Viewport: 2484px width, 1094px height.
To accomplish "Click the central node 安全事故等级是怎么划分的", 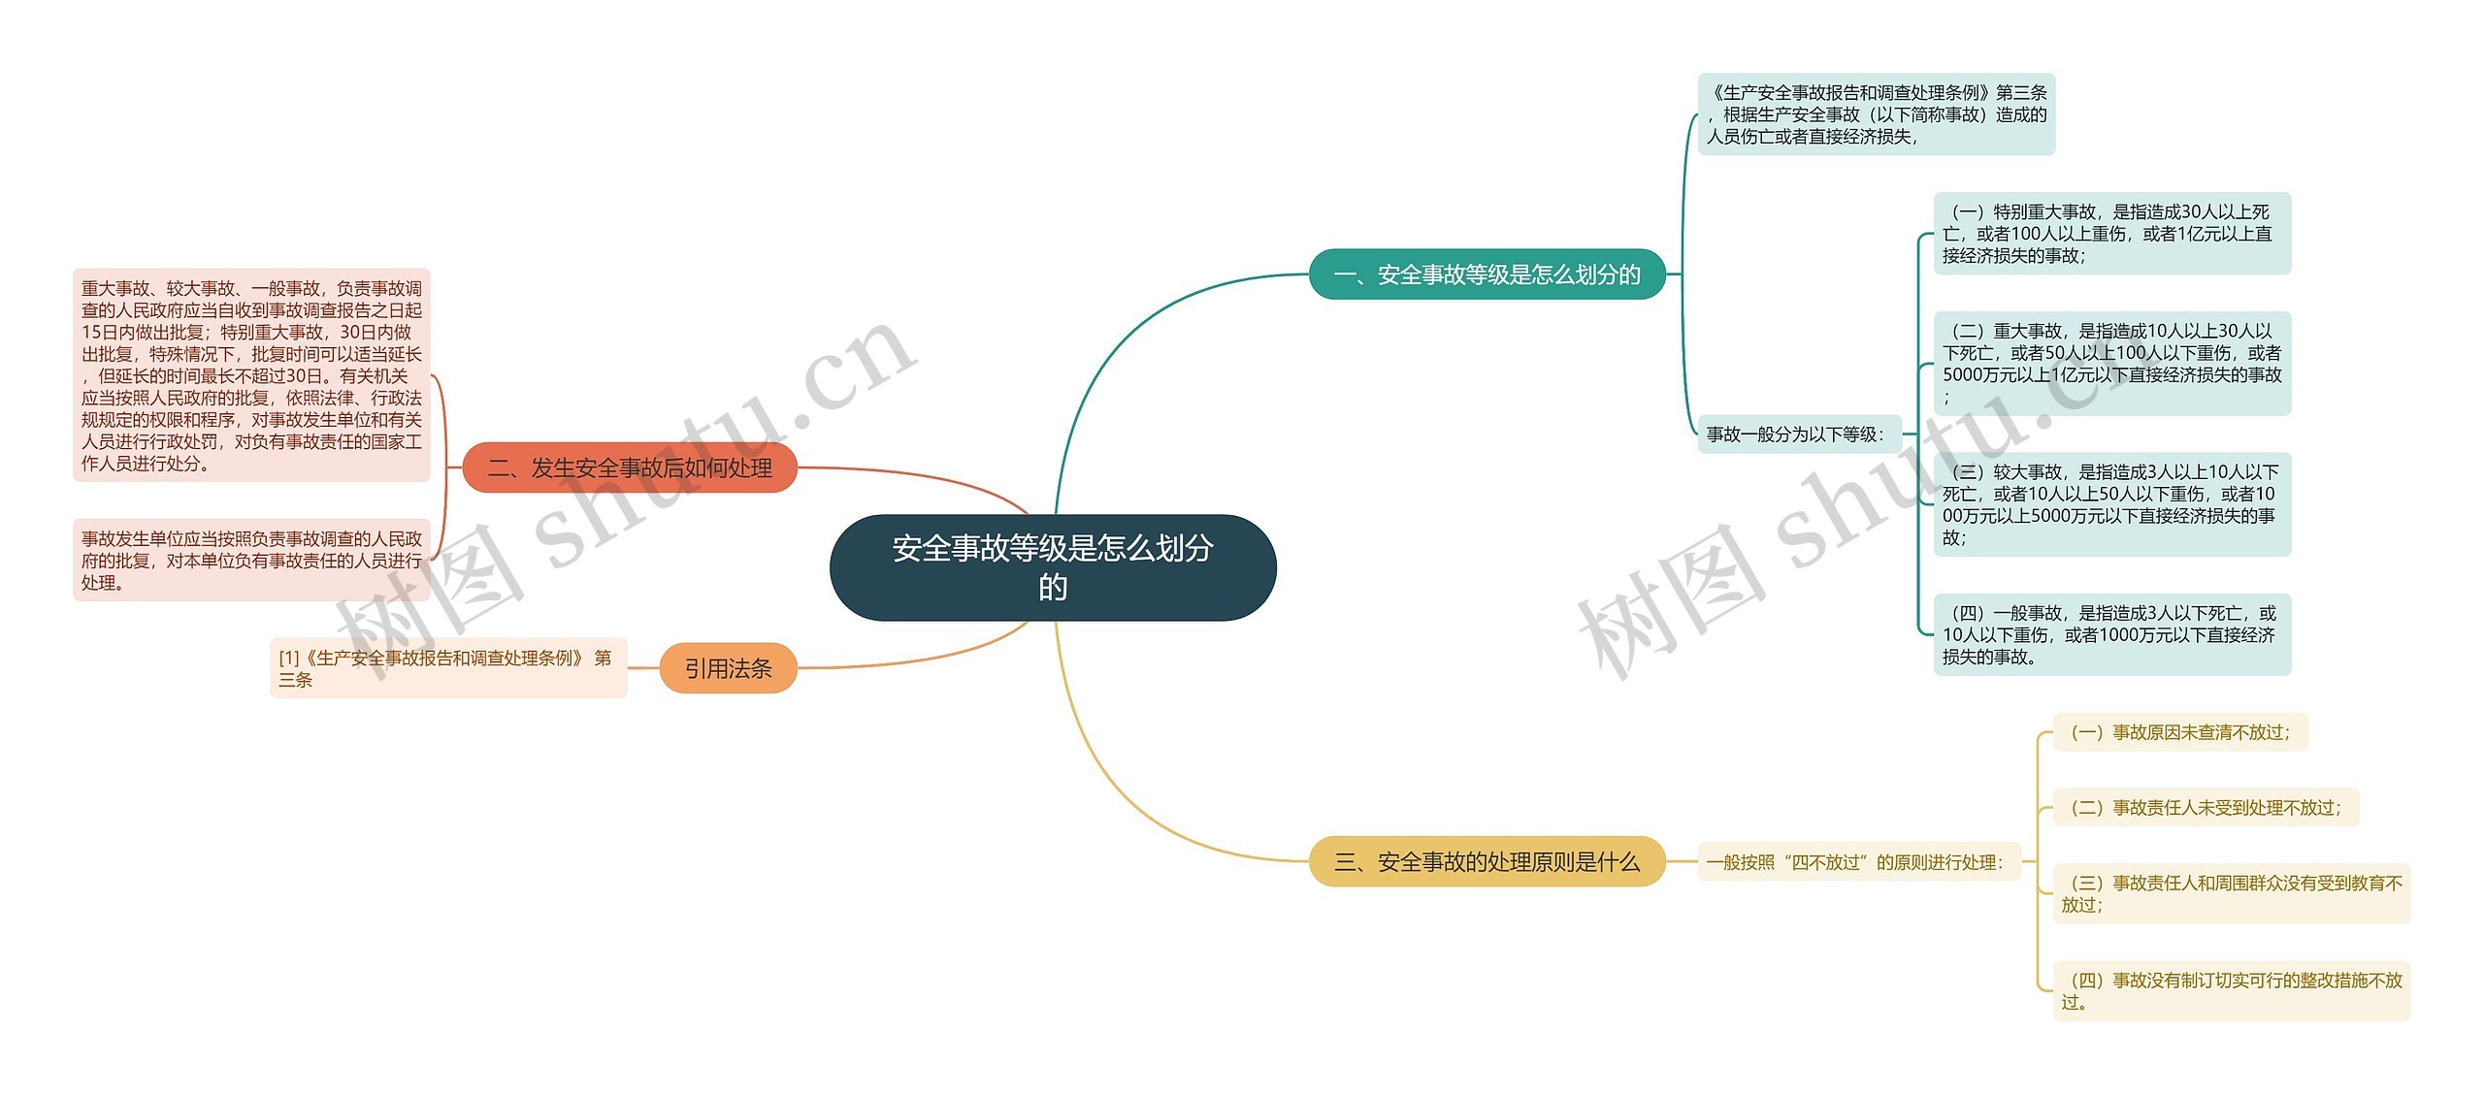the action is pyautogui.click(x=1053, y=567).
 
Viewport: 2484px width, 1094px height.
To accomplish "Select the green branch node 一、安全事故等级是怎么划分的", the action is pyautogui.click(x=1487, y=274).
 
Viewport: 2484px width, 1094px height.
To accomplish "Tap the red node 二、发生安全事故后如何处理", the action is pyautogui.click(x=630, y=468).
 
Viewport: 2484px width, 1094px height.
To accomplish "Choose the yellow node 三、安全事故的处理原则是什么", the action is pyautogui.click(x=1487, y=861).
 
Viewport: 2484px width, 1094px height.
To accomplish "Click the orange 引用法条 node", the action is pyautogui.click(x=728, y=668).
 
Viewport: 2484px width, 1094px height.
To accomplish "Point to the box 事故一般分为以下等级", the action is pyautogui.click(x=1795, y=434).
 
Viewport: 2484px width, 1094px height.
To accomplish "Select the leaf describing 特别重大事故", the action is pyautogui.click(x=2111, y=234).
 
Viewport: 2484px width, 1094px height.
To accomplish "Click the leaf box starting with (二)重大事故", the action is pyautogui.click(x=2111, y=364).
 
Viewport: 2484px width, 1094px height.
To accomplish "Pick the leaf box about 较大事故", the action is pyautogui.click(x=2111, y=504).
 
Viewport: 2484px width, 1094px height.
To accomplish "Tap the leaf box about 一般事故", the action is pyautogui.click(x=2111, y=634).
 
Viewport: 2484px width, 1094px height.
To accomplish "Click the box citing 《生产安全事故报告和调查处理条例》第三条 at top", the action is pyautogui.click(x=1876, y=114).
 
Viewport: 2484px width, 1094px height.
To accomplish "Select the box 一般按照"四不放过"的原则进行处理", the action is pyautogui.click(x=1858, y=862).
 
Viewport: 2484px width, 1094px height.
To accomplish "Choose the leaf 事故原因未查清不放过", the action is pyautogui.click(x=2179, y=732).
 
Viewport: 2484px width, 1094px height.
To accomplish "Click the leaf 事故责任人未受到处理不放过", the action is pyautogui.click(x=2205, y=808).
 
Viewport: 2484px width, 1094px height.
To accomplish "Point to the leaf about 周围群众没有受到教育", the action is pyautogui.click(x=2231, y=893).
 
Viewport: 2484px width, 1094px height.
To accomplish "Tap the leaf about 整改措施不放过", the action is pyautogui.click(x=2231, y=991).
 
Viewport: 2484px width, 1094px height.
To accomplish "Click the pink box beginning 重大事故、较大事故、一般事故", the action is pyautogui.click(x=251, y=375).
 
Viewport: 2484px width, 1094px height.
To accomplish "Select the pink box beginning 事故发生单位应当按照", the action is pyautogui.click(x=251, y=561).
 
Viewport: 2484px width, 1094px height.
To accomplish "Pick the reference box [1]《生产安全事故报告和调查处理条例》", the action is pyautogui.click(x=447, y=668).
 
